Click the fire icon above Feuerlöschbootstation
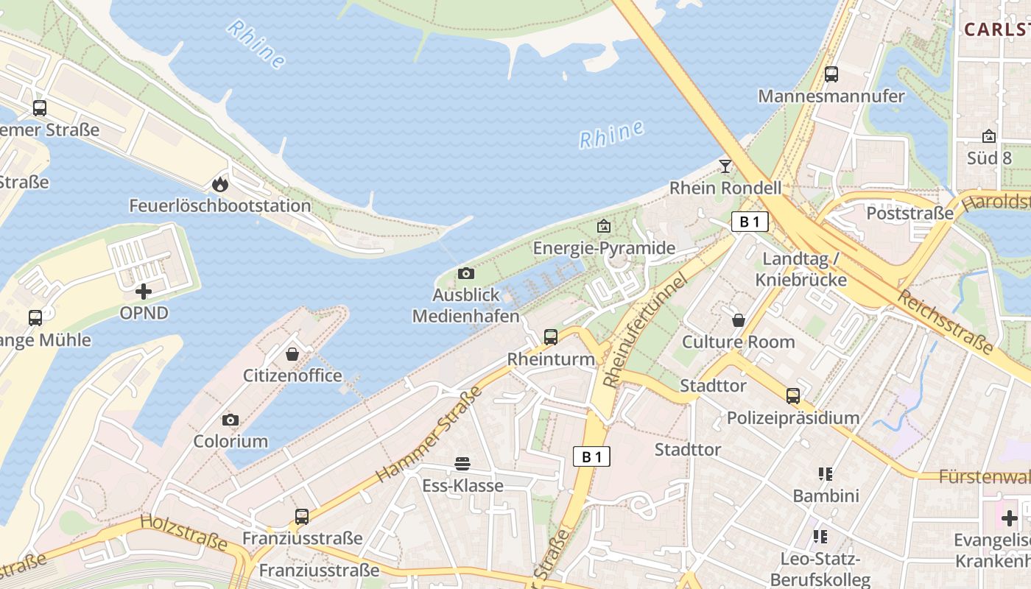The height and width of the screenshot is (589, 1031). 219,184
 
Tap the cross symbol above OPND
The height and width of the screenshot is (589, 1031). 144,292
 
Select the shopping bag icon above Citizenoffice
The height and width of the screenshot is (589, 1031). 292,354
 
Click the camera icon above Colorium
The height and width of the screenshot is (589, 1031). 231,420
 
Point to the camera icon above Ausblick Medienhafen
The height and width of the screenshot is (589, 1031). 466,274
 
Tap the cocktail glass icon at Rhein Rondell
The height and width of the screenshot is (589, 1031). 725,166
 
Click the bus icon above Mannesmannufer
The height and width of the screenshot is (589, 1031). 831,74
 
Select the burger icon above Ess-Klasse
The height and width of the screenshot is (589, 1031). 462,464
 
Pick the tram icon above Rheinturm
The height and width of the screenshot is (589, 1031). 551,337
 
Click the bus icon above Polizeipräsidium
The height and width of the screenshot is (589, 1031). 793,396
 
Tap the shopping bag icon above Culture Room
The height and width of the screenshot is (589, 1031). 738,320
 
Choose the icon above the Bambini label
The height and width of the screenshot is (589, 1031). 825,474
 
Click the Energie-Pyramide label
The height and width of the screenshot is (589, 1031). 604,248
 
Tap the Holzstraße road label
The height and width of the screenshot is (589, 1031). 183,532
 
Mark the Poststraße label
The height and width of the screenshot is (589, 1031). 909,214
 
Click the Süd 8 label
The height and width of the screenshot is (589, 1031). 989,158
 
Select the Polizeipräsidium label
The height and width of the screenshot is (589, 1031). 793,418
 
